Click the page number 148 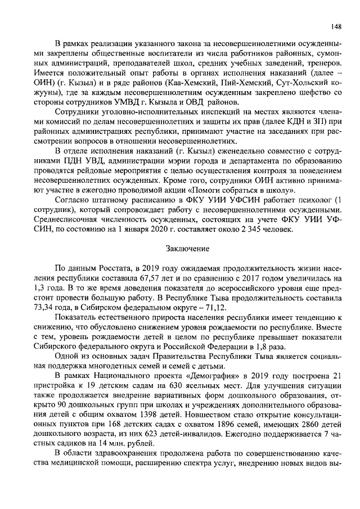coord(336,26)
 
